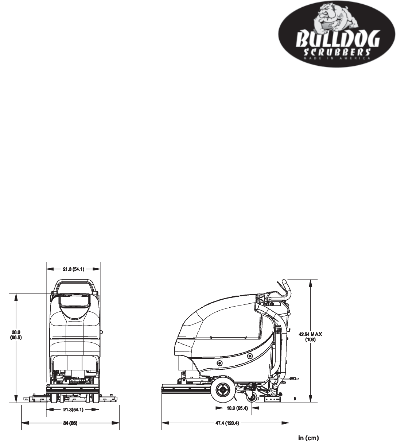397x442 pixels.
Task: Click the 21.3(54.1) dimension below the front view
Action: point(73,410)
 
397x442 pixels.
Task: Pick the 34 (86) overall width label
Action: point(70,423)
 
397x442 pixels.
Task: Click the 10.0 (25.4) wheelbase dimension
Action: point(237,408)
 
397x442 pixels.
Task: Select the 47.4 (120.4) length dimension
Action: point(228,423)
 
